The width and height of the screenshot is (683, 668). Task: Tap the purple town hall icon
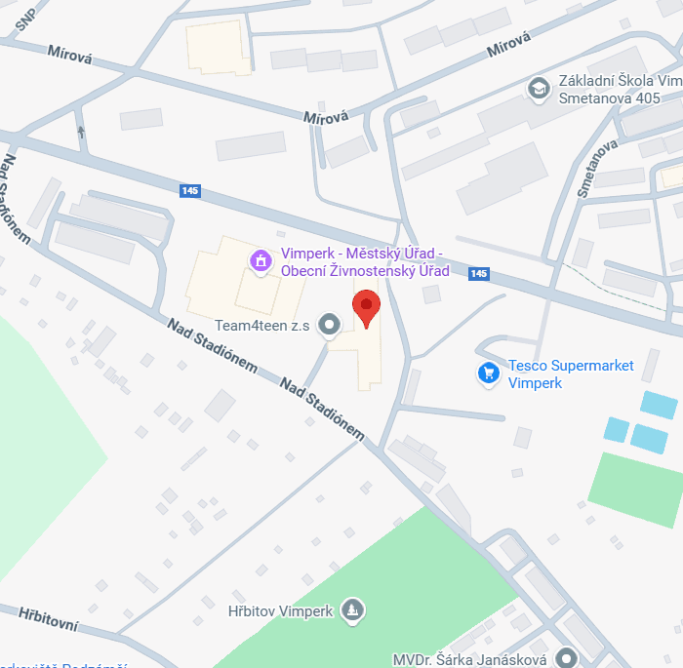coord(261,260)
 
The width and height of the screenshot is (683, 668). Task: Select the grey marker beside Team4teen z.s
coord(330,324)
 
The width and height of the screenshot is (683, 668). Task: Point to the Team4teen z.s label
coord(262,325)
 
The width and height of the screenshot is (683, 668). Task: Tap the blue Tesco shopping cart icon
coord(488,373)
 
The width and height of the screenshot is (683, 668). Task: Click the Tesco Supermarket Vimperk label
coord(571,374)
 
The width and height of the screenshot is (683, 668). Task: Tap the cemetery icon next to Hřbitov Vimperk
coord(352,610)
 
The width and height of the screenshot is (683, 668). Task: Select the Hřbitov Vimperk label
coord(280,611)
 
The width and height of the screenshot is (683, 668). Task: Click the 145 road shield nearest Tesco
coord(478,274)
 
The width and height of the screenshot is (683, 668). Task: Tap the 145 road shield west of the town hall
coord(190,191)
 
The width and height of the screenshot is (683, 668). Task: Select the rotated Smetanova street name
coord(597,168)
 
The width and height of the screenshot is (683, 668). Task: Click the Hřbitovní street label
coord(47,618)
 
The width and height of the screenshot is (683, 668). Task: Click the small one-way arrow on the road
coord(81,132)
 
